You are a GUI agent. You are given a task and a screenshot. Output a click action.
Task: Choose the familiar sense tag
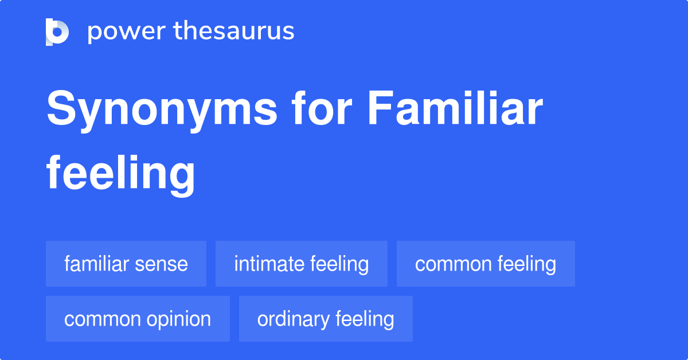coord(126,264)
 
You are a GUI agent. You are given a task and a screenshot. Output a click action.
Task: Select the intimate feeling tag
coord(302,264)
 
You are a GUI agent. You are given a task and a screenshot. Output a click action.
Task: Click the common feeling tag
coord(486,264)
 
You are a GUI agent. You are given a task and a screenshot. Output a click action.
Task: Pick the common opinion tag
coord(138,319)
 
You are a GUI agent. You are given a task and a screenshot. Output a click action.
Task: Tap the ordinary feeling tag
coord(326,319)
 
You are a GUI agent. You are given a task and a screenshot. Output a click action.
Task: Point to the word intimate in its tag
coord(269,264)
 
